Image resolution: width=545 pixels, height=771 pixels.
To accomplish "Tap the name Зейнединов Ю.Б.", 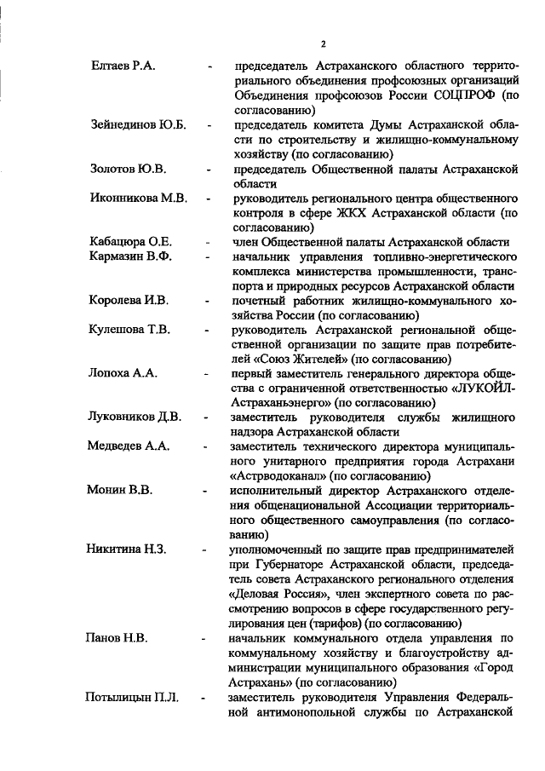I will pos(138,124).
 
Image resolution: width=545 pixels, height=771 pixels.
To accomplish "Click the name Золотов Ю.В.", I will pos(128,169).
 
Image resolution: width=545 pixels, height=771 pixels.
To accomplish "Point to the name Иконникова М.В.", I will pos(138,199).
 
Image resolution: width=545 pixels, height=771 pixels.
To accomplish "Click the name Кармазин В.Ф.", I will pos(130,256).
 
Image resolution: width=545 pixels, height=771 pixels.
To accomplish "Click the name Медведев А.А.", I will pos(129,446).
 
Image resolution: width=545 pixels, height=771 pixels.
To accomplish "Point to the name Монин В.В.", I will pos(120,491).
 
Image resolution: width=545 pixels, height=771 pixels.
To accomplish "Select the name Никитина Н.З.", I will pos(127,549).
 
